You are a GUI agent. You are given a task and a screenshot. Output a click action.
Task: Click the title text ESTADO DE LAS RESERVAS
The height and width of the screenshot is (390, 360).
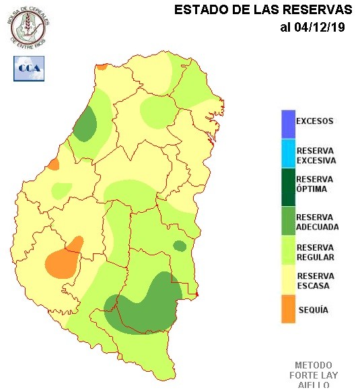point(263,10)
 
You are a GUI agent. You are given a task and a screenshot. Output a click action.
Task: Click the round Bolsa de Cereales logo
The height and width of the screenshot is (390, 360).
point(28,25)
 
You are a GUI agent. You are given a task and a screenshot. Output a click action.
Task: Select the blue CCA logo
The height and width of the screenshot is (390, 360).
point(28,68)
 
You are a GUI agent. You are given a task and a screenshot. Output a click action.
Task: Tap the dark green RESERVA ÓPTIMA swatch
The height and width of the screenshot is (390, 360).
point(288,185)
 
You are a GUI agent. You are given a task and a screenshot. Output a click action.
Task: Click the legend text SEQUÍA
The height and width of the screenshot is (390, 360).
point(312,310)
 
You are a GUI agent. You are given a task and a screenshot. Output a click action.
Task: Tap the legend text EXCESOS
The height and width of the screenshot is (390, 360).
point(315,121)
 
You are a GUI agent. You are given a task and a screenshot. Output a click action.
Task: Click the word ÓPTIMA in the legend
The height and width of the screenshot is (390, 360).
point(312,189)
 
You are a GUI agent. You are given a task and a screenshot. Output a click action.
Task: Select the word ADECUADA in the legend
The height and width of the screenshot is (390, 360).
point(318,227)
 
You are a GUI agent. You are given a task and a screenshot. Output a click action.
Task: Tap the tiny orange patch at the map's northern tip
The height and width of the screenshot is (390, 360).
point(102,67)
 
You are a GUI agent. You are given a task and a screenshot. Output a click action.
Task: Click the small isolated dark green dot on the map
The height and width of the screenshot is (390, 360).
point(180,246)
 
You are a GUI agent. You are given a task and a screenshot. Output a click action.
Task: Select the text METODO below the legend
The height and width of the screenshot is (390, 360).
point(314,365)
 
